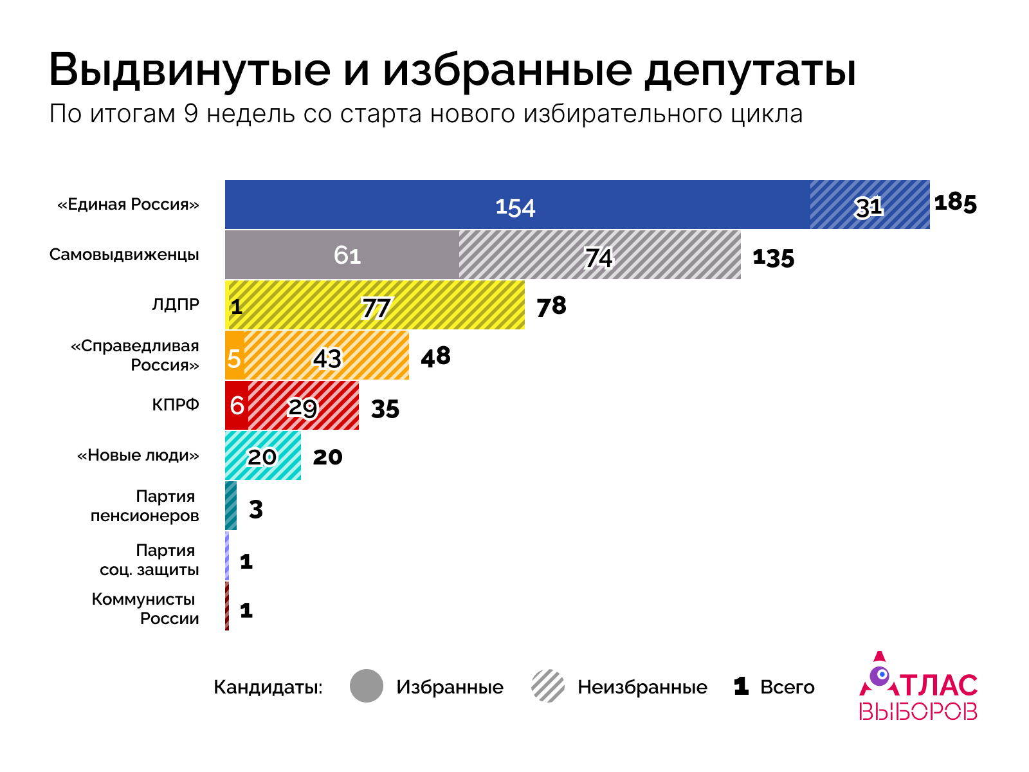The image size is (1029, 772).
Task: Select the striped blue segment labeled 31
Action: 870,205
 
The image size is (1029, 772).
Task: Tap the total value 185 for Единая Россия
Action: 955,203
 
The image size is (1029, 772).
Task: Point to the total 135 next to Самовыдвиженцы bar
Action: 774,258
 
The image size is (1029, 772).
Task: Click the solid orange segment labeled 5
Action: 235,355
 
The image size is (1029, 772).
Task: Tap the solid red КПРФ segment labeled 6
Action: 237,405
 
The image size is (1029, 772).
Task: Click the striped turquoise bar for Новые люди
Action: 263,455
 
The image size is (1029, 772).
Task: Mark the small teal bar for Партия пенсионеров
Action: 231,506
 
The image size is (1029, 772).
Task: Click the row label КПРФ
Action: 176,405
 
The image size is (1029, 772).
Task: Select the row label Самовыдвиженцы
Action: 124,254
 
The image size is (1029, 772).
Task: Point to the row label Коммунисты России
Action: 145,609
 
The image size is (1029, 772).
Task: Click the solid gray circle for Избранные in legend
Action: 367,686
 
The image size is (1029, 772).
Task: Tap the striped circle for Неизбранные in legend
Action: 548,686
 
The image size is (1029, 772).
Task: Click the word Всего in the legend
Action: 787,687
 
